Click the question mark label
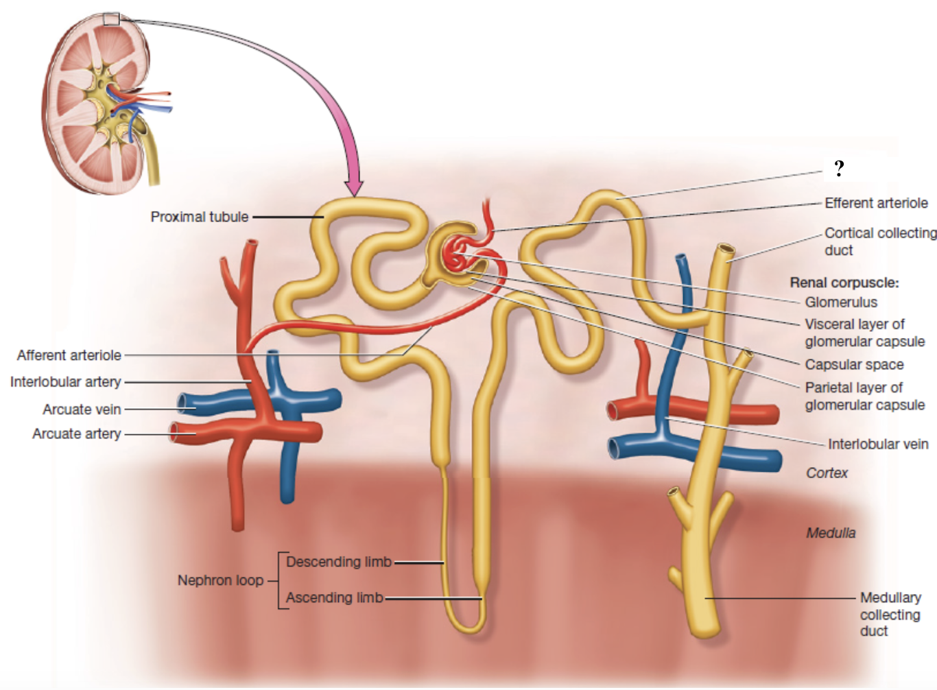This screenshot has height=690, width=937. pos(839,168)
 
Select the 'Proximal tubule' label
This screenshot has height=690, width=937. pos(200,217)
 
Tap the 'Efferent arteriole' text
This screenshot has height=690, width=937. pos(876,203)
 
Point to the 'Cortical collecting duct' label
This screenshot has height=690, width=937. pos(880,241)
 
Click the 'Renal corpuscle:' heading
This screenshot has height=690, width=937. pos(844,283)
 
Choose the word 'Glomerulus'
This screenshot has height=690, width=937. pos(841,302)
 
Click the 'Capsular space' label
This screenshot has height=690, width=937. pos(854,364)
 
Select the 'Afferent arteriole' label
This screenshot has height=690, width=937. pos(69,355)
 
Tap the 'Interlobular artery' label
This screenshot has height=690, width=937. pos(66,381)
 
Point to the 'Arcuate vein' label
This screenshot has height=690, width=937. pos(82,409)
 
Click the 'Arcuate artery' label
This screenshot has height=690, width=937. pos(77,433)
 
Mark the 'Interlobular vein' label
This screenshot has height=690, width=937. pos(878,444)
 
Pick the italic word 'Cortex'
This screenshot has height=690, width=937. pos(827,473)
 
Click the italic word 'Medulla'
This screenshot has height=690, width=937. pos(831,533)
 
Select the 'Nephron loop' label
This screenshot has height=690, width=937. pos(220,580)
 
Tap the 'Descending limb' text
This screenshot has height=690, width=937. pos(339,562)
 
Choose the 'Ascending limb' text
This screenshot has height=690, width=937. pos(334,597)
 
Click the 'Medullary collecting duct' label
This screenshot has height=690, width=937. pos(890,614)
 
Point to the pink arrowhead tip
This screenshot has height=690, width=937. pos(354,195)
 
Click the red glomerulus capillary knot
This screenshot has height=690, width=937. pos(458,254)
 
